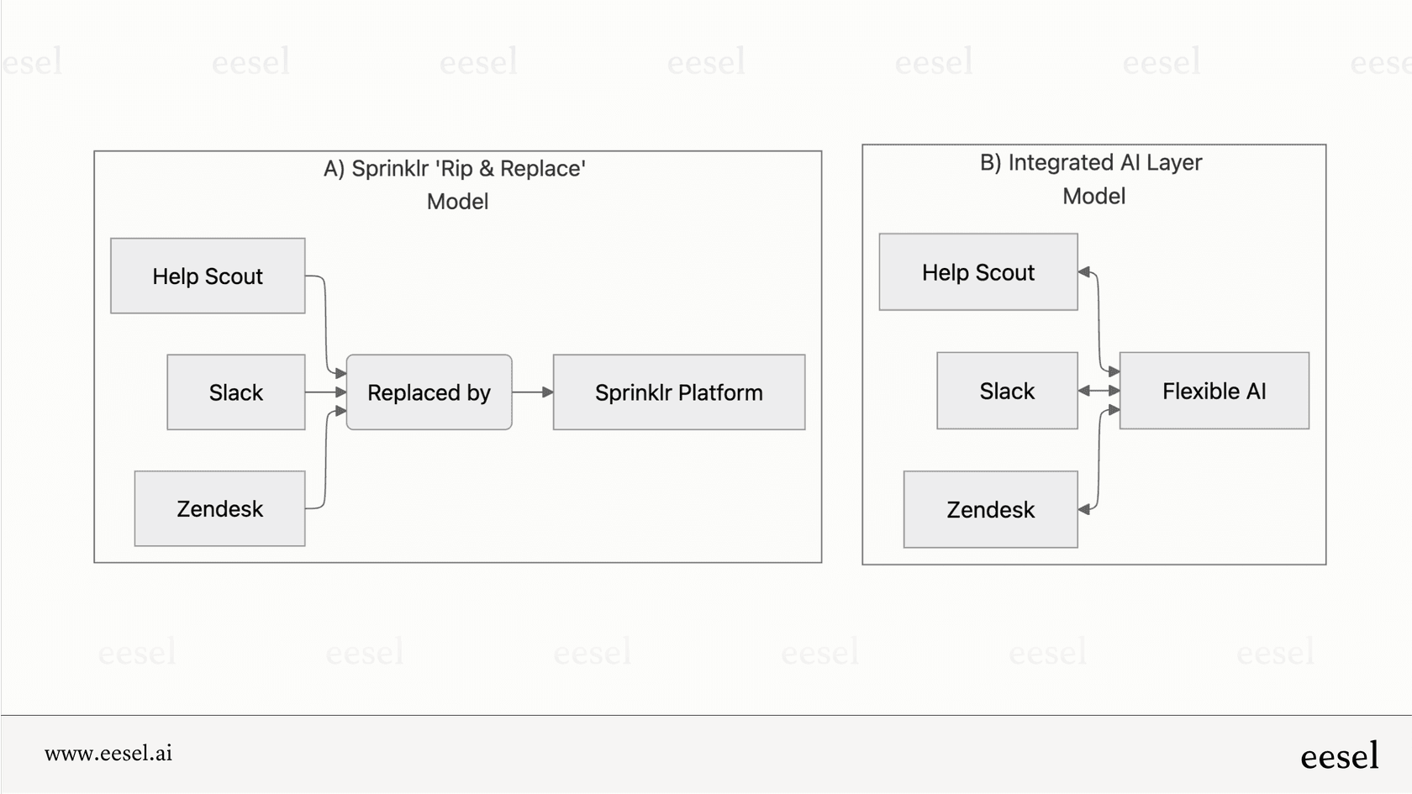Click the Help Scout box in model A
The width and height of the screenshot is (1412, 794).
(x=208, y=276)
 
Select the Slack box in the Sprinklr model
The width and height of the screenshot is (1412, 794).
(x=235, y=392)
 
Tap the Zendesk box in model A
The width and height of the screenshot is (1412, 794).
(x=219, y=508)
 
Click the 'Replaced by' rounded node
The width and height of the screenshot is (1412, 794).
(x=429, y=392)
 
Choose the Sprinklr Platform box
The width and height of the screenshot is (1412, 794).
(x=678, y=392)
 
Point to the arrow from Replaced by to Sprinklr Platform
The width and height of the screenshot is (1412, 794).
(x=532, y=392)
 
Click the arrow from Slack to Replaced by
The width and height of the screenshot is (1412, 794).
(x=325, y=392)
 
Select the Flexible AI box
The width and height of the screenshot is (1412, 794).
(x=1214, y=391)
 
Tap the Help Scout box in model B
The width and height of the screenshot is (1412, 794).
(x=977, y=272)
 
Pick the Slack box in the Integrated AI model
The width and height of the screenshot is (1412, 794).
(x=1007, y=391)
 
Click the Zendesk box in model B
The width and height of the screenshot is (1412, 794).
(x=990, y=509)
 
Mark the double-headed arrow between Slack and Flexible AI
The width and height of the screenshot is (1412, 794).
(x=1099, y=391)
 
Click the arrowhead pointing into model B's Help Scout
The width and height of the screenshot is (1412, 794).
(x=1084, y=272)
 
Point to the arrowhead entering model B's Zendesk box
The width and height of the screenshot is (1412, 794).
(x=1084, y=509)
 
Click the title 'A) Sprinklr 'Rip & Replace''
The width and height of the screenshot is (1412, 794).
(x=455, y=169)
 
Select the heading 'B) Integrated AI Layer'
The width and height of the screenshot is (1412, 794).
(x=1091, y=162)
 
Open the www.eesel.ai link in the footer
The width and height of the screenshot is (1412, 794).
(x=108, y=754)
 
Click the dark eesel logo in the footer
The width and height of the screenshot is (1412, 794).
(x=1339, y=756)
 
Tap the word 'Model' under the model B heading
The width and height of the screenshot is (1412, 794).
(x=1093, y=197)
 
